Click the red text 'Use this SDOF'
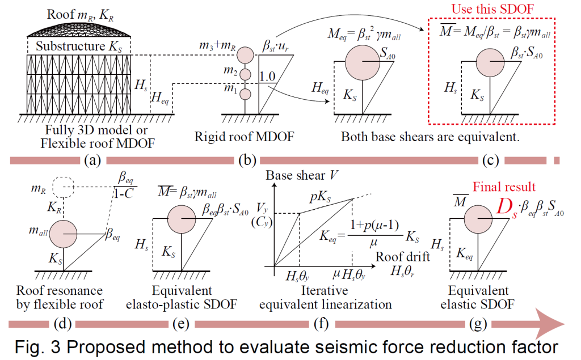492,9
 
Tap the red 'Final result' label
504,187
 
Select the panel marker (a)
92,160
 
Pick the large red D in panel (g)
506,207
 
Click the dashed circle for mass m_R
63,187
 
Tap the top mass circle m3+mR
245,55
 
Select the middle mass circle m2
245,74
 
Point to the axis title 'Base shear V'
301,175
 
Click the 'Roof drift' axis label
402,257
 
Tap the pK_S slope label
321,197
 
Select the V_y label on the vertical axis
262,209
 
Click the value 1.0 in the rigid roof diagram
267,77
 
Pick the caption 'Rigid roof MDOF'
244,137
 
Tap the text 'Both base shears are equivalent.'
430,137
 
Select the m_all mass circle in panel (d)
63,234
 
